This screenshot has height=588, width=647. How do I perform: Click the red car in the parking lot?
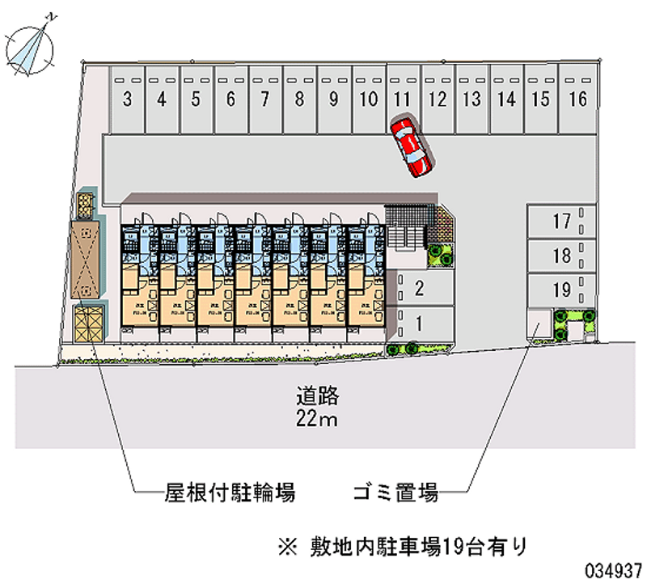coord(411,146)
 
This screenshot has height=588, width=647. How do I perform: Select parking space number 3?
coord(128,100)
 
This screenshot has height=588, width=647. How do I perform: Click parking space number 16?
coord(577,100)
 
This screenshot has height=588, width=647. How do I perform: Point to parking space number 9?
coord(333,100)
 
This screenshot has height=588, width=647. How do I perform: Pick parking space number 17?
coord(562,221)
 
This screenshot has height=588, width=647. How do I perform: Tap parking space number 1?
coord(419,324)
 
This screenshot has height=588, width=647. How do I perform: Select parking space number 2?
coord(419,287)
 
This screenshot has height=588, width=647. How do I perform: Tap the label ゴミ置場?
coord(395,490)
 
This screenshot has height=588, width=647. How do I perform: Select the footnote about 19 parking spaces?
coord(401,546)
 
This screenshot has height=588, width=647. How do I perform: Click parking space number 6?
coord(230,100)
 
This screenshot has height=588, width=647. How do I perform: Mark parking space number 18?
coord(562,256)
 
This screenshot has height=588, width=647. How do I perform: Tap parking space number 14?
coord(506,100)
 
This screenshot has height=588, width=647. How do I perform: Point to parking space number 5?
coord(196,100)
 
